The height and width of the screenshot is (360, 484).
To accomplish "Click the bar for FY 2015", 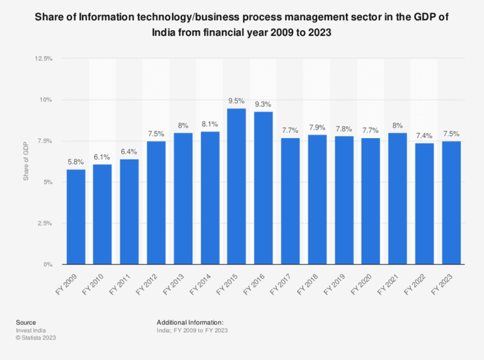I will point(236,187).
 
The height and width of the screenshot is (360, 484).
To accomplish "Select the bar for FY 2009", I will point(75,217).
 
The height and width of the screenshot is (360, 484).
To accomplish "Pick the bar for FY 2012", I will point(156,203).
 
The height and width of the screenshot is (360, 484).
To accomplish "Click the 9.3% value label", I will point(263,104).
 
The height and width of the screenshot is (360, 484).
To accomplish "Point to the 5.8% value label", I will point(75,162).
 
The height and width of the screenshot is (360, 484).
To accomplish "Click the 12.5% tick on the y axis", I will point(43,59).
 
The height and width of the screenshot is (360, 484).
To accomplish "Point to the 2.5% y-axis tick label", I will point(45,223).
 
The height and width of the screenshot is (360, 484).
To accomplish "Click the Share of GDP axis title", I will point(26,161).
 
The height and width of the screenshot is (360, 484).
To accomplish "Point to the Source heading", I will point(26,322).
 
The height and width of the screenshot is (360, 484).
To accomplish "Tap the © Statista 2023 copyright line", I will point(37,337).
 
